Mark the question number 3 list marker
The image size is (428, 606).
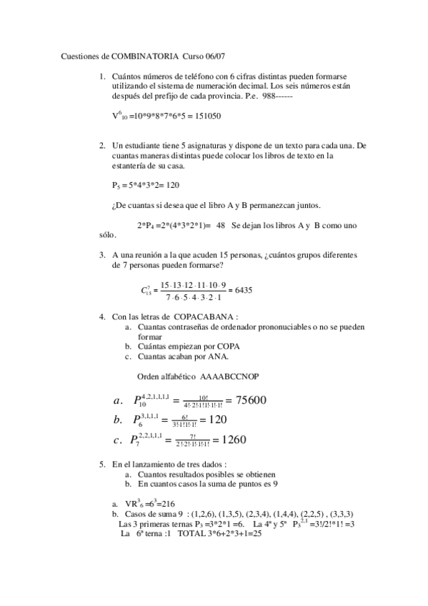(102, 254)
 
